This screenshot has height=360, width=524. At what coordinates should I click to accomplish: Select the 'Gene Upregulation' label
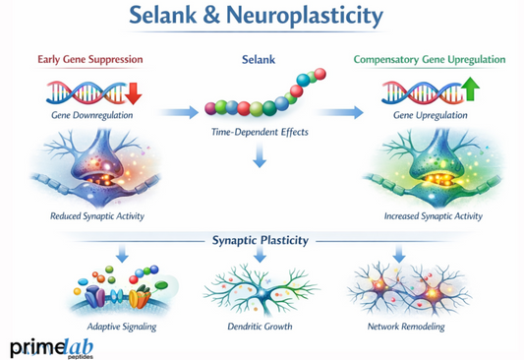pyautogui.click(x=426, y=116)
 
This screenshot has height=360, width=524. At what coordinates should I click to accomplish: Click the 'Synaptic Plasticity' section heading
pyautogui.click(x=262, y=240)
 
